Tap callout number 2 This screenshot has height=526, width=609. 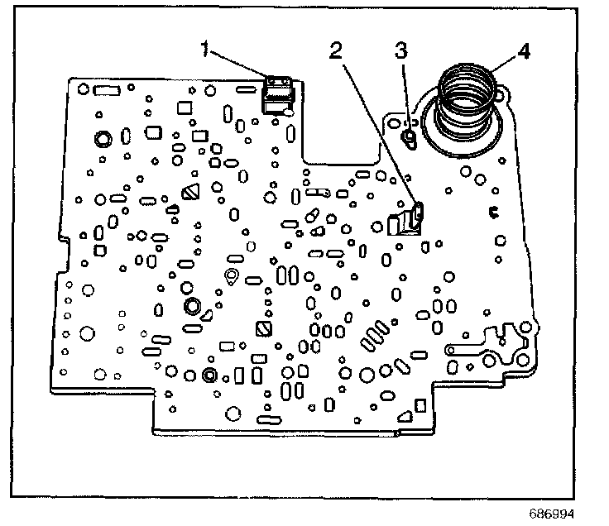(335, 50)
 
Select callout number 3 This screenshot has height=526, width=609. (400, 50)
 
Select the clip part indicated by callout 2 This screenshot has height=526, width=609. (407, 222)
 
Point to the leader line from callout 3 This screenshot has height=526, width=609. (404, 91)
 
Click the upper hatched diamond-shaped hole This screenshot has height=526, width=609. (189, 194)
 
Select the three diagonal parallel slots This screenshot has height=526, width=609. (373, 336)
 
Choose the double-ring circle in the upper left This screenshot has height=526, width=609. (104, 137)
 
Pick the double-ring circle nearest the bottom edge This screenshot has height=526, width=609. (208, 376)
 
